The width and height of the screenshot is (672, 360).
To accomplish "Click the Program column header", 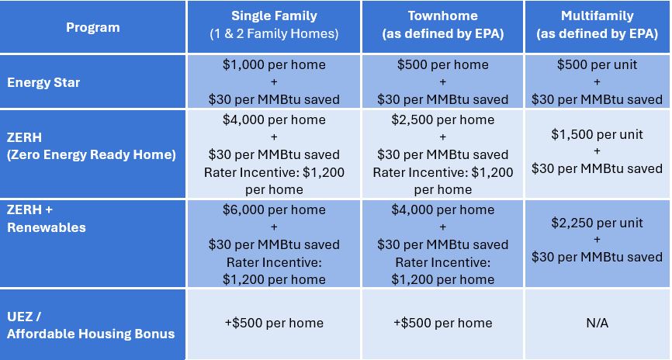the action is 93,27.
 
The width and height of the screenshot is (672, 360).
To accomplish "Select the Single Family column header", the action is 274,24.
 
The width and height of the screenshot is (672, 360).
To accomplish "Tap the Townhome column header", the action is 443,24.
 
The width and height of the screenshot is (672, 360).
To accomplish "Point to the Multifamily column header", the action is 597,24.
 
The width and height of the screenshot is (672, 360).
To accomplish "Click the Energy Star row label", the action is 43,82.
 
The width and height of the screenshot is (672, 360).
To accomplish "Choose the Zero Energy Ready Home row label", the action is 92,146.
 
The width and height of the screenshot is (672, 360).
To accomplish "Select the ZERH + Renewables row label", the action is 47,219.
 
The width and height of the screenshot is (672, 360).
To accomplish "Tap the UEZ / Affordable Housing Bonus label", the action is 91,325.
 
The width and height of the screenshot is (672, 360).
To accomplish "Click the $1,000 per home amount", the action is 274,64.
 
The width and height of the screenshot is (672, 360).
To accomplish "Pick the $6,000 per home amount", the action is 274,209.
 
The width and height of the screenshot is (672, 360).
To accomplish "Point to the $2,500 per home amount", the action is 443,119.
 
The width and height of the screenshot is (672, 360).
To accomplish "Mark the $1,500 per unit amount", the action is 597,134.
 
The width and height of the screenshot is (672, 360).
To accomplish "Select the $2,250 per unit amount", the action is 597,223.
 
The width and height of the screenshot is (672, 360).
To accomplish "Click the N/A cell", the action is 597,323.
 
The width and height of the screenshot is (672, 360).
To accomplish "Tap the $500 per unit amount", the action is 597,64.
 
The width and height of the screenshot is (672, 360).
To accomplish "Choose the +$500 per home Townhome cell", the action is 443,323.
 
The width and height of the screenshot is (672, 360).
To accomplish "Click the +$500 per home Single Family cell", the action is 274,323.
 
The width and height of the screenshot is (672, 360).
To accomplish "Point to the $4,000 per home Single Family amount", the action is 274,119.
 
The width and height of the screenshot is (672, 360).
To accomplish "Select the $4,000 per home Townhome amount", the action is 443,209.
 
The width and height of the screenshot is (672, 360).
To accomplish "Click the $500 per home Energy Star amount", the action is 443,64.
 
